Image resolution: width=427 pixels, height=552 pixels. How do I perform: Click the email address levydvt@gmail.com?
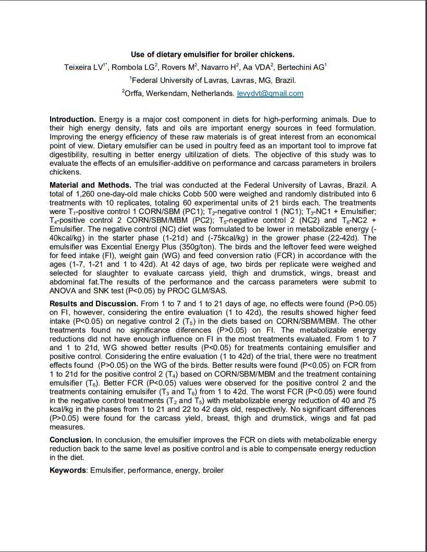click(x=270, y=93)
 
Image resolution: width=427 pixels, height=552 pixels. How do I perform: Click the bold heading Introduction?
click(x=72, y=119)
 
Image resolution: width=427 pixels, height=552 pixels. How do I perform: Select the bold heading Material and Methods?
click(x=91, y=185)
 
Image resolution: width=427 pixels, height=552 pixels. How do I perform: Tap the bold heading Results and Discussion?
click(x=94, y=303)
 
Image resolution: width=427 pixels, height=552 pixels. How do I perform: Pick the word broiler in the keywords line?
click(x=213, y=470)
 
